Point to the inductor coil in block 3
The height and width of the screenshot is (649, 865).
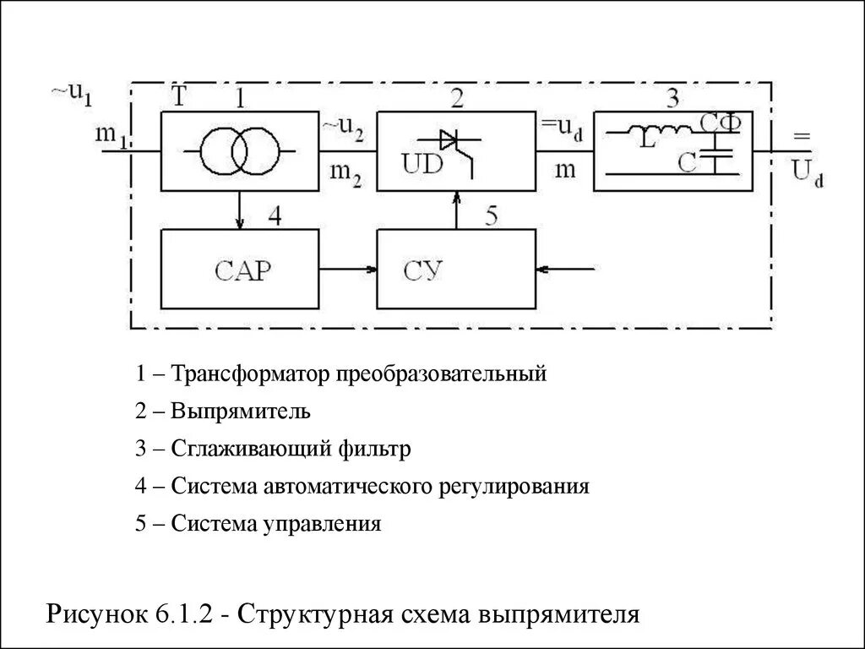pyautogui.click(x=667, y=131)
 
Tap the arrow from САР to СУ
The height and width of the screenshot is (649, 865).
pyautogui.click(x=348, y=270)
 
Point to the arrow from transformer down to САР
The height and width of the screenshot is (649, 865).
pyautogui.click(x=241, y=210)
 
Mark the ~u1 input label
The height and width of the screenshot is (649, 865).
pyautogui.click(x=73, y=93)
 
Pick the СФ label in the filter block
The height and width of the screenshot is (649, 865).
pyautogui.click(x=720, y=123)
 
